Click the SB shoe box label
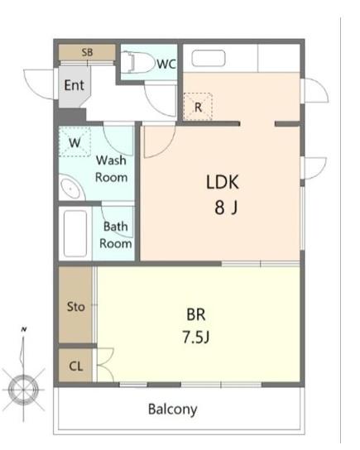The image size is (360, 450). pyautogui.click(x=87, y=52)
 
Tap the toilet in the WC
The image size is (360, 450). pyautogui.click(x=137, y=62)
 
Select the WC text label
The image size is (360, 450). pyautogui.click(x=166, y=65)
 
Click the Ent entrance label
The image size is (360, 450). pyautogui.click(x=74, y=85)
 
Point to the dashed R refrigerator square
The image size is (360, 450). pyautogui.click(x=198, y=106)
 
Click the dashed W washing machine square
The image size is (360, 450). pyautogui.click(x=75, y=141)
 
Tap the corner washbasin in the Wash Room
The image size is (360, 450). pyautogui.click(x=71, y=189)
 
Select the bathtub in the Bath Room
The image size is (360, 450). pyautogui.click(x=75, y=233)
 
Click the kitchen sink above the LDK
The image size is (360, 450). pyautogui.click(x=209, y=58)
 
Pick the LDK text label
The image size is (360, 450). pyautogui.click(x=223, y=182)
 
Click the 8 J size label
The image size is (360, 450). pyautogui.click(x=226, y=208)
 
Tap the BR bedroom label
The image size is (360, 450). pyautogui.click(x=196, y=314)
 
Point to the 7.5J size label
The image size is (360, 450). pyautogui.click(x=196, y=337)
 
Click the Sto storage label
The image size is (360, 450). pyautogui.click(x=76, y=307)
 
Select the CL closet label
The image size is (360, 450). pyautogui.click(x=76, y=366)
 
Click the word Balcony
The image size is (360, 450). pyautogui.click(x=172, y=409)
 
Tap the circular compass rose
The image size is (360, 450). pyautogui.click(x=23, y=390)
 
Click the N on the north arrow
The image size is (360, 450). pyautogui.click(x=24, y=329)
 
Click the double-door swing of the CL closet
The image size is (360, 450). pyautogui.click(x=105, y=365)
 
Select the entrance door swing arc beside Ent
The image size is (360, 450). pyautogui.click(x=38, y=84)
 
